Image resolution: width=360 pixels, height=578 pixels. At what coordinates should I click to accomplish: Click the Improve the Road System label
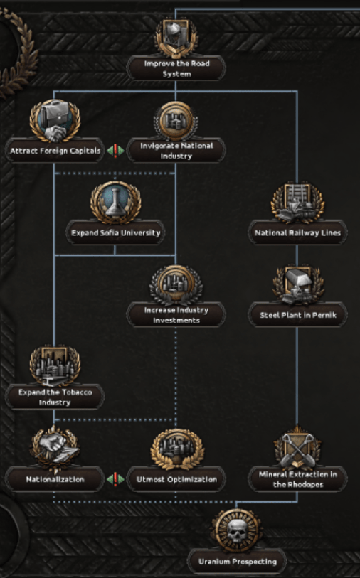coord(176,68)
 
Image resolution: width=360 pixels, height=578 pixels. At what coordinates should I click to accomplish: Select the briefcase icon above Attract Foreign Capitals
coord(55,121)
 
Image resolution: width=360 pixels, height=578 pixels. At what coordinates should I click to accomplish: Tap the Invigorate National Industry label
coord(176,151)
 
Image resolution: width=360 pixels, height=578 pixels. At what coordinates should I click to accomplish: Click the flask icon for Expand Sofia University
coord(116,203)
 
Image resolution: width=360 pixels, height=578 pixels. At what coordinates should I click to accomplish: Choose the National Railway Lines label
coord(297,232)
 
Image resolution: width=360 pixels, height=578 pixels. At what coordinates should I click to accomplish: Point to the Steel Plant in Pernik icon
coord(298,284)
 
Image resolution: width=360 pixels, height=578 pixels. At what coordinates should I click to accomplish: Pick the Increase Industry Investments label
coord(176,315)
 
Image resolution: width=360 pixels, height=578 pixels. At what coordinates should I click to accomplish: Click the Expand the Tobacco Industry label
coord(55,397)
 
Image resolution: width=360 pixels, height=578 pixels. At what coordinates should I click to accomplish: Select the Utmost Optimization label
coord(176,479)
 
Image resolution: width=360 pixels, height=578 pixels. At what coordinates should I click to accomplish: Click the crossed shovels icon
coord(297,448)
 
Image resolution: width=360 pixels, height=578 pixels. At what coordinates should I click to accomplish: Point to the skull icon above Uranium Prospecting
coord(237,530)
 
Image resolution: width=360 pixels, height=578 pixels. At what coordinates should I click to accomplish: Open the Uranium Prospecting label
coord(237,562)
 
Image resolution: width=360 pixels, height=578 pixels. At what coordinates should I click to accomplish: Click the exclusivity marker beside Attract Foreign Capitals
coord(115,151)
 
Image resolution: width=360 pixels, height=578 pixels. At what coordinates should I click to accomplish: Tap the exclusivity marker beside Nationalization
coord(115,479)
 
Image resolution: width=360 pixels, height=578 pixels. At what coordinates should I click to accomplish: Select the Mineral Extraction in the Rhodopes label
coord(297,479)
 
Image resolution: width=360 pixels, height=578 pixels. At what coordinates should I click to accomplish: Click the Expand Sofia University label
coord(116,232)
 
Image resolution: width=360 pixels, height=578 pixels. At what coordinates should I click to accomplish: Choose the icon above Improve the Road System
coord(176,38)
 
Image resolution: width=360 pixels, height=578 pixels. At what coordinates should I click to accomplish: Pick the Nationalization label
coord(55,479)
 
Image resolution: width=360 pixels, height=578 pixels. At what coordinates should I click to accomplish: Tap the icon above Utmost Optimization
coord(177,449)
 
